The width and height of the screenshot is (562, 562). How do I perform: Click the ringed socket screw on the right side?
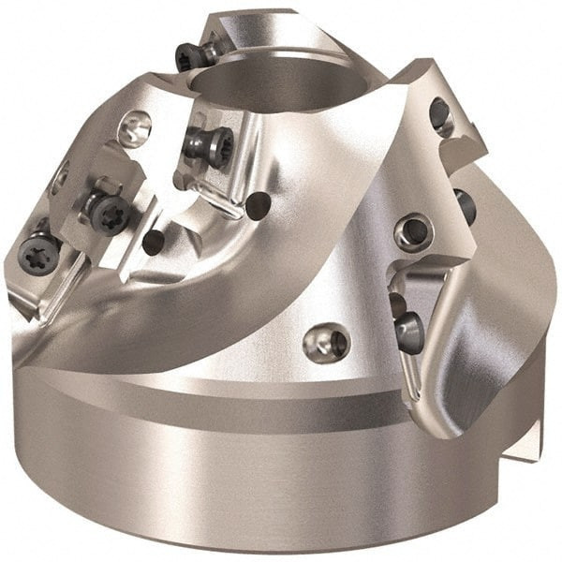[x=412, y=230]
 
